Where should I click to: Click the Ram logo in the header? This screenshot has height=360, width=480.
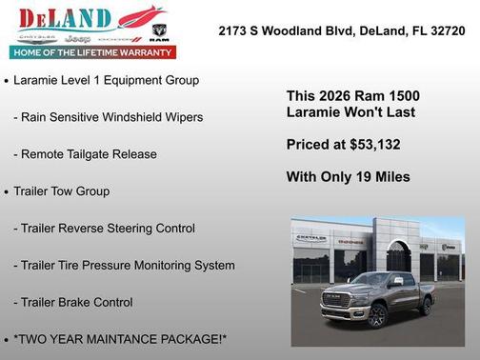point(159,32)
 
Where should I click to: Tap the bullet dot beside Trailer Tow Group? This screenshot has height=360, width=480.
point(7,191)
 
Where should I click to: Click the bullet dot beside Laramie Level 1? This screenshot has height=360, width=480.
point(7,81)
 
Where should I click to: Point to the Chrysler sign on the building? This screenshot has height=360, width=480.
point(310,239)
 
